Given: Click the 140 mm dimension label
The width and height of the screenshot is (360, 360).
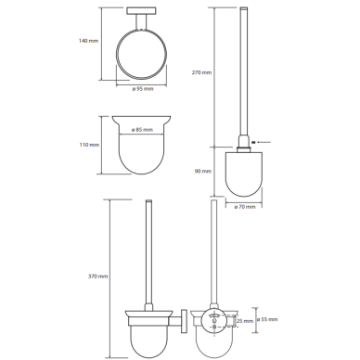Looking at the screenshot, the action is click(x=89, y=41).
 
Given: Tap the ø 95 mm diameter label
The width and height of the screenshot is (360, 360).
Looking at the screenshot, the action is click(x=143, y=89).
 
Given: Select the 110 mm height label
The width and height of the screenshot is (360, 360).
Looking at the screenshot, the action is click(x=89, y=145).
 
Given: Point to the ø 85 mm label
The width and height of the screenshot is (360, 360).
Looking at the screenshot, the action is click(x=142, y=130).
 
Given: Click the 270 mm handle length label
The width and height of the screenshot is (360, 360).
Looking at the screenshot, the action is click(x=201, y=72).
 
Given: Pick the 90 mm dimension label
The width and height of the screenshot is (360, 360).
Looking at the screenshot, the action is click(x=203, y=171).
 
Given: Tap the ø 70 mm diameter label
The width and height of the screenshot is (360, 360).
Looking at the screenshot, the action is click(x=245, y=207).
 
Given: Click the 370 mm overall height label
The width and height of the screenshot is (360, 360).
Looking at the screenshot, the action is click(x=98, y=276).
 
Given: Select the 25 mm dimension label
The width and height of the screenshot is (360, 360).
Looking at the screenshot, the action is click(x=245, y=321).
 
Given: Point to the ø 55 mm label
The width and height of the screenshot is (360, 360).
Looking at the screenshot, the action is click(x=267, y=319).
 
